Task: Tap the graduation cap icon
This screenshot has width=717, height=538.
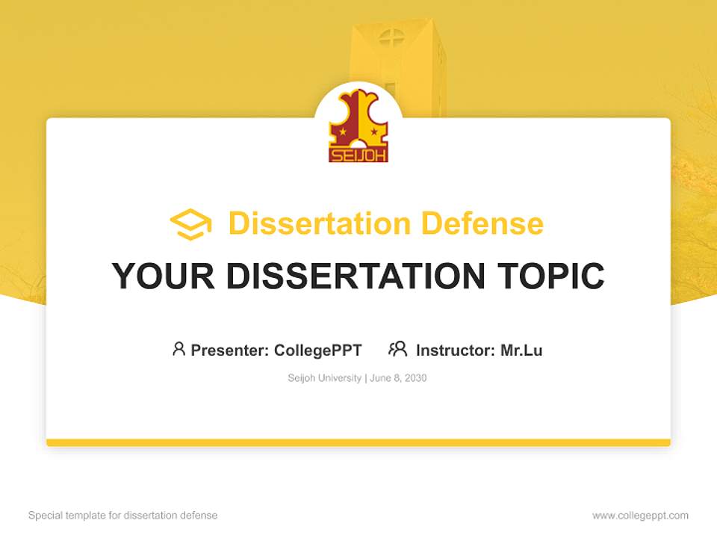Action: (x=190, y=224)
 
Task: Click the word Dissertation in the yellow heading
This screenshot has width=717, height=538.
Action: (x=319, y=223)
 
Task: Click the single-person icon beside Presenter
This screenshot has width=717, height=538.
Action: (x=179, y=349)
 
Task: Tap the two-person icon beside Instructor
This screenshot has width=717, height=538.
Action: (x=398, y=349)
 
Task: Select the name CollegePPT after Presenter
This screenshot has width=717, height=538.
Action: (x=318, y=350)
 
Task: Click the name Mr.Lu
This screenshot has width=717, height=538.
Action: (x=521, y=350)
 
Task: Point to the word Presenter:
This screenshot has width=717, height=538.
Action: (x=230, y=350)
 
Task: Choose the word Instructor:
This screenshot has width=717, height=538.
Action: (x=455, y=350)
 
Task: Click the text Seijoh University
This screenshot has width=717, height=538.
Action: (x=324, y=378)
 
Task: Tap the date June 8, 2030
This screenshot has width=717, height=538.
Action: (x=398, y=378)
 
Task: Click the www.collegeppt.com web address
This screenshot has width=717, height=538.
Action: (x=640, y=516)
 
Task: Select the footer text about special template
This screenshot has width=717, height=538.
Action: (x=123, y=516)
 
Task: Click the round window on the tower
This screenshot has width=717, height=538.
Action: (x=390, y=37)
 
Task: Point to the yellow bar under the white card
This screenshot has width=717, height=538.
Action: (x=358, y=442)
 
